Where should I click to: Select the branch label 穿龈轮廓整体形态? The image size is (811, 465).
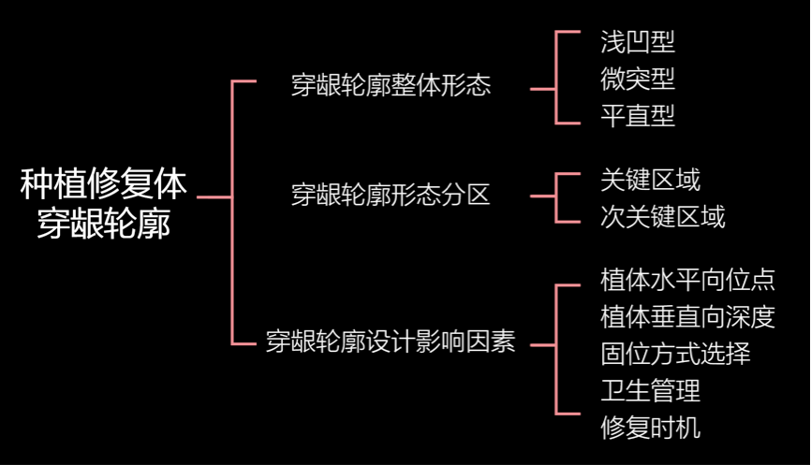click(x=391, y=87)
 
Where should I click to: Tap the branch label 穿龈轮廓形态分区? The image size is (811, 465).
click(x=391, y=196)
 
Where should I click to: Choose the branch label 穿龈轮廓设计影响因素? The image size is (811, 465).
click(x=391, y=341)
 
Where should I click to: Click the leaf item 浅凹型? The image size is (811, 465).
click(x=637, y=41)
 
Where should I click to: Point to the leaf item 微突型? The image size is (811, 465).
click(x=637, y=79)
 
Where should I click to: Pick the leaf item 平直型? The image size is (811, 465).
click(x=637, y=116)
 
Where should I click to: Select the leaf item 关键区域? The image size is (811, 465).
click(x=650, y=179)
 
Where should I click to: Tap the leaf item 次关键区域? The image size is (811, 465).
click(x=662, y=217)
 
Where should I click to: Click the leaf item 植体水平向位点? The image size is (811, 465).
click(x=687, y=279)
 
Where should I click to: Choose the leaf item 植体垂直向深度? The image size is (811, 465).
click(x=687, y=316)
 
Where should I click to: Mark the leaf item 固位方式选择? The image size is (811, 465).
click(x=674, y=354)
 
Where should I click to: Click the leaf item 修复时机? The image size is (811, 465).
click(x=650, y=429)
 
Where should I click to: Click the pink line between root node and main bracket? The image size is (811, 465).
click(x=214, y=197)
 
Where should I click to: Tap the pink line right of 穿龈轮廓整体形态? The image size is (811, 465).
click(x=543, y=89)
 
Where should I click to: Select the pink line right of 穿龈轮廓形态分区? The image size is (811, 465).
click(x=543, y=196)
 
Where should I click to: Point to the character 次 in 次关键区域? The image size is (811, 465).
click(x=612, y=217)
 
